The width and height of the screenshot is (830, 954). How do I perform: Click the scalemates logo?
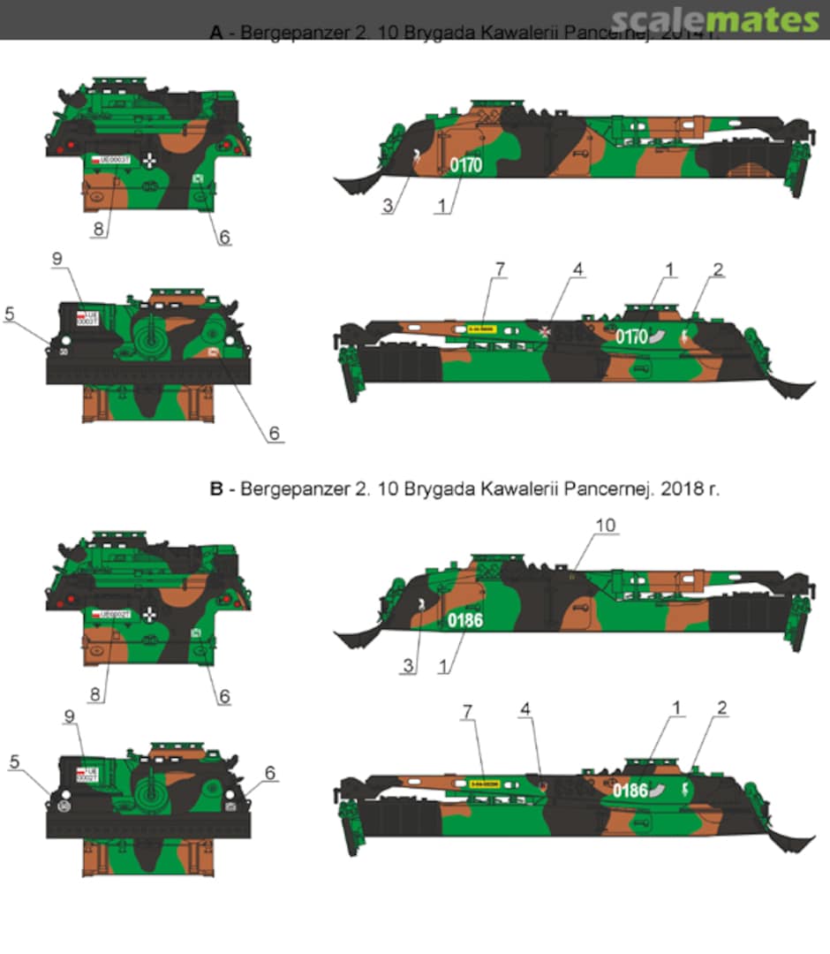(714, 19)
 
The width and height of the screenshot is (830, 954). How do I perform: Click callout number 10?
(606, 526)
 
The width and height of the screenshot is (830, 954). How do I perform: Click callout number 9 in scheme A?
(57, 259)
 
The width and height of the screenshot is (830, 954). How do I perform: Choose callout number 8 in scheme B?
(94, 695)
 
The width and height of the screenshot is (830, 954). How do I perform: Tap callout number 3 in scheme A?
(389, 207)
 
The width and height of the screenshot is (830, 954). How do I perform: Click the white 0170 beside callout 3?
(465, 164)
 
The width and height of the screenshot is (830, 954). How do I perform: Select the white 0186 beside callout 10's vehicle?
(464, 620)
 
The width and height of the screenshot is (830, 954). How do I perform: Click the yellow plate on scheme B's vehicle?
(486, 783)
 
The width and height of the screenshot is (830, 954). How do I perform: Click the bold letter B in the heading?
(215, 488)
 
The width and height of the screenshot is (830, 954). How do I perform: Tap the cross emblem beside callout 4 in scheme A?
(547, 331)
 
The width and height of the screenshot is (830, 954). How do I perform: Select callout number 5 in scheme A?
(11, 314)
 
